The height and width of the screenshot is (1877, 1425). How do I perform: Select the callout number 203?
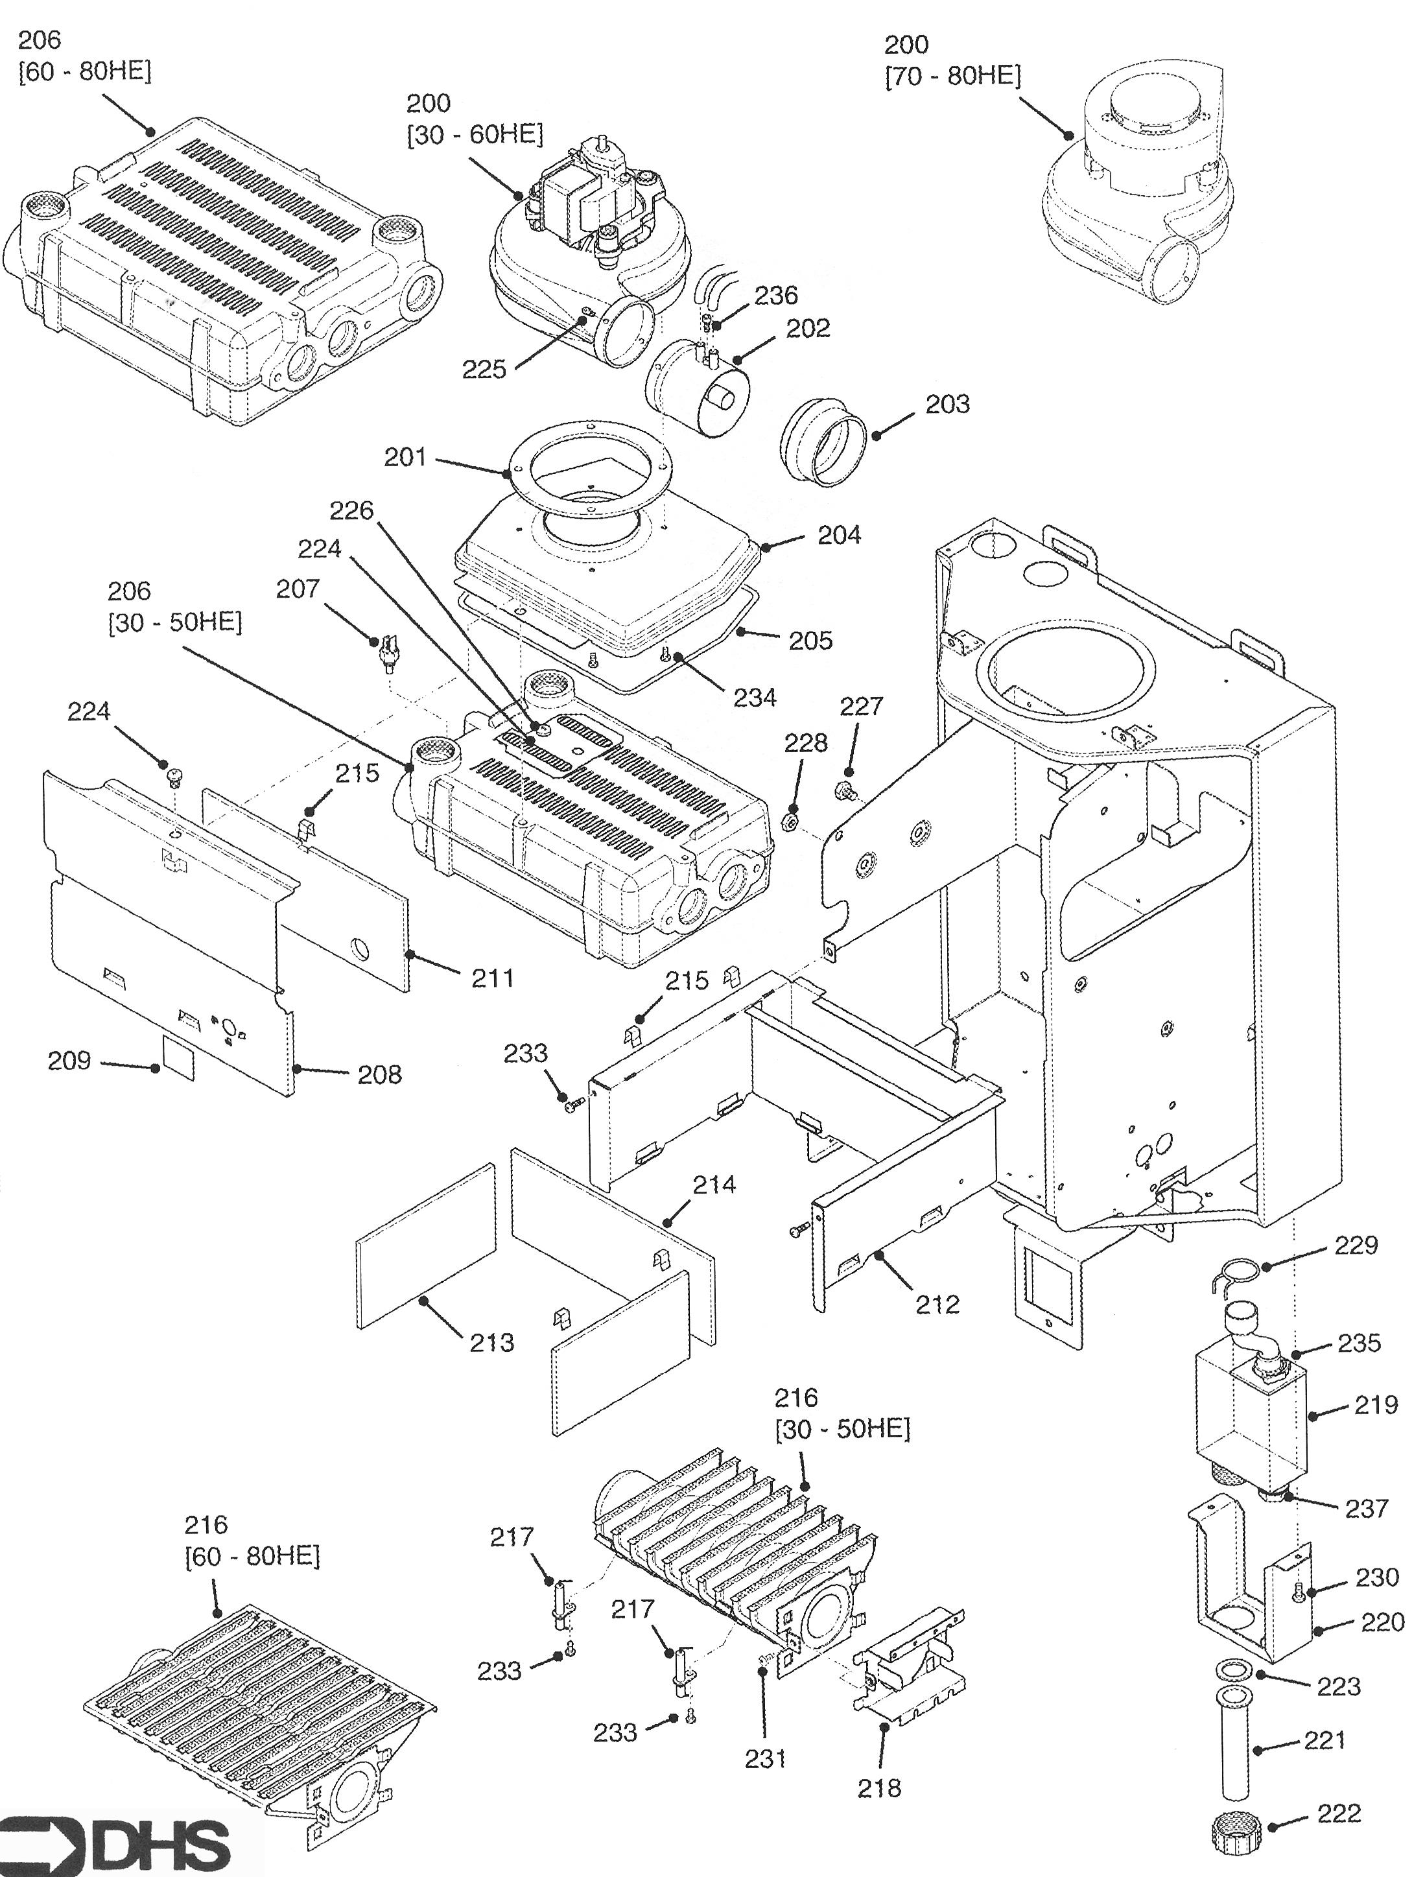coord(947,404)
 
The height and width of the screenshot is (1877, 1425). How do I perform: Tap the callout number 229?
coord(1356,1245)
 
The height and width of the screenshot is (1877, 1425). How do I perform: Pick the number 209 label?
coord(69,1060)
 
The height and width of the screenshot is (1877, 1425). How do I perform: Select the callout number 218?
coord(879,1788)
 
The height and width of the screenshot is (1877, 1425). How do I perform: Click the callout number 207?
coord(298,588)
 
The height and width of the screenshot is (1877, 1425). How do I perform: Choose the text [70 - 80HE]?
coord(953,77)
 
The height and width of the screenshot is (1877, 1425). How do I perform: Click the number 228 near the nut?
coord(805,742)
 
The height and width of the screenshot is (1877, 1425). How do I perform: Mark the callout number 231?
coord(766,1759)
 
